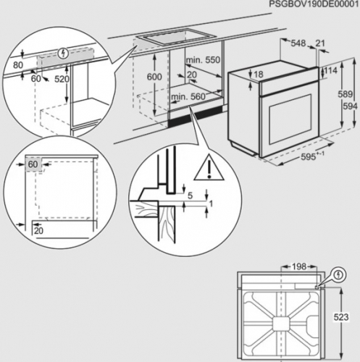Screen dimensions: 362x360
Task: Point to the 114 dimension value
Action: [331, 70]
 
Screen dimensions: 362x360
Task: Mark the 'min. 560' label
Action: [185, 96]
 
